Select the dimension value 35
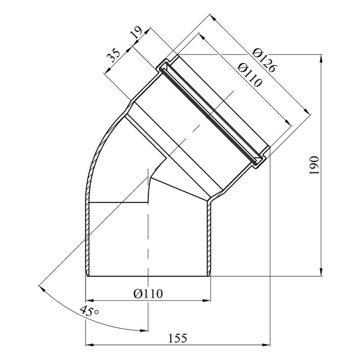tap(114, 55)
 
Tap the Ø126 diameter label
tap(265, 60)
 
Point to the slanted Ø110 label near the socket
tap(250, 75)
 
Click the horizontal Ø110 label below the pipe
tap(148, 294)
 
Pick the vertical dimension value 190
tap(314, 165)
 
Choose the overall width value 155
tap(178, 338)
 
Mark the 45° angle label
tap(90, 311)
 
